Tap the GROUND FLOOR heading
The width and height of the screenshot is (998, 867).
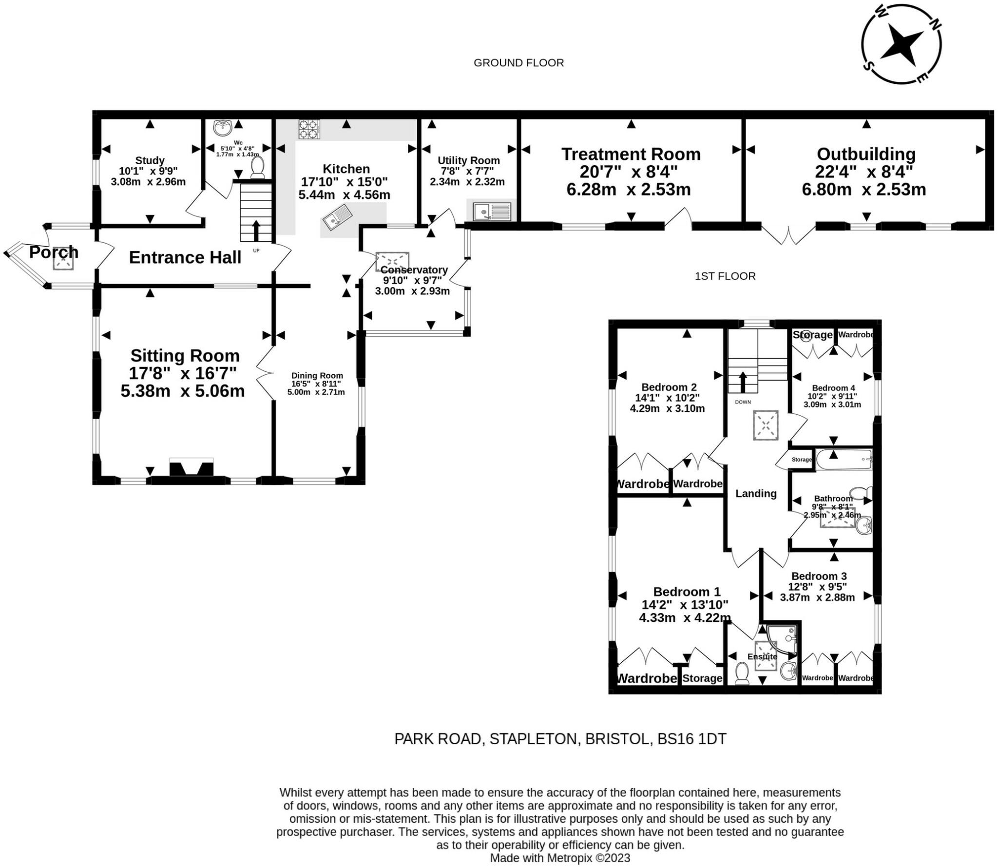tap(519, 63)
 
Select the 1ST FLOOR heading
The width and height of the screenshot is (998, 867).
tap(725, 276)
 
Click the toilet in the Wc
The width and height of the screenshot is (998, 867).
tap(257, 167)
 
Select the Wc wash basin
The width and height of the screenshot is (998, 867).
tap(223, 128)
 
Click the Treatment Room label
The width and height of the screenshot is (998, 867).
tap(631, 154)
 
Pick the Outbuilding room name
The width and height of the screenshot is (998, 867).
tap(866, 154)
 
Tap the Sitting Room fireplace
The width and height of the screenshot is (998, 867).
tap(192, 467)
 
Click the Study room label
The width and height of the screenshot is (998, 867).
tap(150, 160)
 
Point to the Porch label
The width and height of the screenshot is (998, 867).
tap(54, 252)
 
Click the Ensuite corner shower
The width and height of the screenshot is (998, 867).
tap(782, 639)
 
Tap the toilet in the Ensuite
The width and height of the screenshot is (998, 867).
tap(742, 673)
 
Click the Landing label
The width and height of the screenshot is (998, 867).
tap(756, 493)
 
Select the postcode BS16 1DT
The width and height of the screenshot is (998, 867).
tap(692, 739)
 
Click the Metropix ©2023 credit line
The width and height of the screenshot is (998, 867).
tap(560, 858)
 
